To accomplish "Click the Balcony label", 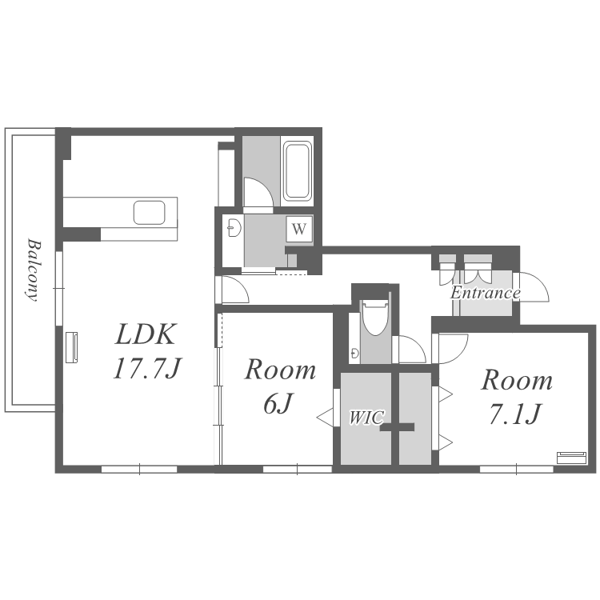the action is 34,270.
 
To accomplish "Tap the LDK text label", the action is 146,334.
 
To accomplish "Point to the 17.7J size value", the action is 146,368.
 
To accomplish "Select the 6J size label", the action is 278,403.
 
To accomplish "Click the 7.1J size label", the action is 515,414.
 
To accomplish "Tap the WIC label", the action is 366,418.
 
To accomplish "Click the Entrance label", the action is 486,293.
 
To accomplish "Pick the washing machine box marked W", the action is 299,229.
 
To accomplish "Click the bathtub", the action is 297,170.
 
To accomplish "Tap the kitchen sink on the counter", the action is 150,212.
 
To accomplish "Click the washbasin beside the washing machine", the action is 234,229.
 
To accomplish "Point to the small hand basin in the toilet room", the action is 354,353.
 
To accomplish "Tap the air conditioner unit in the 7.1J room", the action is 571,458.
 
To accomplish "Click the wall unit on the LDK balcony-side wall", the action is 71,347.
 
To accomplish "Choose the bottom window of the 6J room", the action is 298,469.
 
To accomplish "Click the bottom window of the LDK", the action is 139,469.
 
